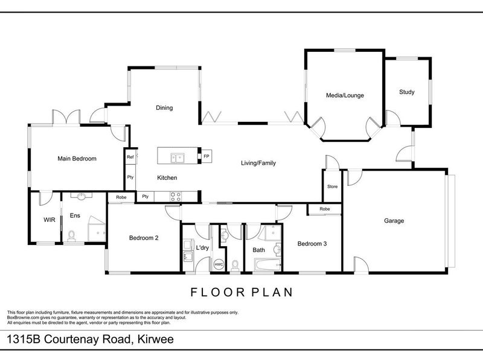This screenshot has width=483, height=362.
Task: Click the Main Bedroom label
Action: point(77,159)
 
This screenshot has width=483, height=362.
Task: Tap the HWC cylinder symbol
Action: point(219,264)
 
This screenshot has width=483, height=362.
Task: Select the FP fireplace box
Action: point(206,156)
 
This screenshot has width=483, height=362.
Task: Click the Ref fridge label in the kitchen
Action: point(130,157)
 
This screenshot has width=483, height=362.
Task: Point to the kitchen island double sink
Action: point(178,158)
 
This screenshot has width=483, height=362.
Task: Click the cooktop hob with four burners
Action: point(176,197)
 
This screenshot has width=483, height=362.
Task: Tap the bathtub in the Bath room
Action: point(267,265)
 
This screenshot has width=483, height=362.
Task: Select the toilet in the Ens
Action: point(71,236)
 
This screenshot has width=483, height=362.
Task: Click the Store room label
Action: point(333,186)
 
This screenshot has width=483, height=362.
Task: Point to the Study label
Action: point(406,92)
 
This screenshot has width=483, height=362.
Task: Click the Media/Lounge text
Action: point(345,95)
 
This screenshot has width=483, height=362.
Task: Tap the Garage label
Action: point(394,221)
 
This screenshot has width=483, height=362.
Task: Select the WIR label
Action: point(50,220)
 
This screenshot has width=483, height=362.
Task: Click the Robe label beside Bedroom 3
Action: point(325,209)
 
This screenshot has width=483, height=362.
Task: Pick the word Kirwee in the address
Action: point(156,339)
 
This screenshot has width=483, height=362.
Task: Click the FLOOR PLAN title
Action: point(242,292)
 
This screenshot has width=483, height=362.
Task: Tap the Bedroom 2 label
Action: point(144,238)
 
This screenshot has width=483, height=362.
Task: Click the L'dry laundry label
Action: point(202,247)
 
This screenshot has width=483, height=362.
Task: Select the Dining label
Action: point(164,108)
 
